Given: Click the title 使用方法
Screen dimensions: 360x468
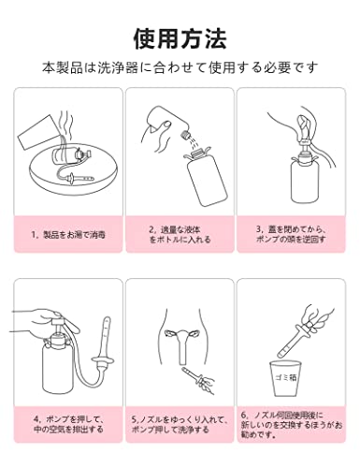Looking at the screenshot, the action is click(x=180, y=39).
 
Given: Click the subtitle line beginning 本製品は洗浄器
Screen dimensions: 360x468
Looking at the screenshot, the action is click(x=180, y=67).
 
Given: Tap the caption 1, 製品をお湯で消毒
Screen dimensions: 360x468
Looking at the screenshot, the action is click(x=68, y=234).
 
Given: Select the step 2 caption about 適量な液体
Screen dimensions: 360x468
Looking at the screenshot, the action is click(x=180, y=235).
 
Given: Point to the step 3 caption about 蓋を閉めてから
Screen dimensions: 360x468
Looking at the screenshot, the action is click(x=291, y=234).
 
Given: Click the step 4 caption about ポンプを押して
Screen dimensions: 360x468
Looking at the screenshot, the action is click(x=68, y=424).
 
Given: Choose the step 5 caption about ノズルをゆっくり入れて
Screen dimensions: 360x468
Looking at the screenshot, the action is click(x=180, y=424).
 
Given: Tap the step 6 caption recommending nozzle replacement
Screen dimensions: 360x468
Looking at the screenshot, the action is click(x=291, y=424).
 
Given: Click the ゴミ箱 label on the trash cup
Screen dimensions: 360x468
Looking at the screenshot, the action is click(x=285, y=377).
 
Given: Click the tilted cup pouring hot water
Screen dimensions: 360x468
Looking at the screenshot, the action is click(x=37, y=134).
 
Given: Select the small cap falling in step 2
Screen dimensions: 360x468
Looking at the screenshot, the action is click(x=184, y=136).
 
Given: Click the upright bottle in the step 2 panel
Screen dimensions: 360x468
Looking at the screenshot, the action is click(x=205, y=178).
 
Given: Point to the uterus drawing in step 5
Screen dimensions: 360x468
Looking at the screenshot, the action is click(x=183, y=344).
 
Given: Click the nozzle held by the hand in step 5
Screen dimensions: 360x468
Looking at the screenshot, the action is click(x=196, y=376).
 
